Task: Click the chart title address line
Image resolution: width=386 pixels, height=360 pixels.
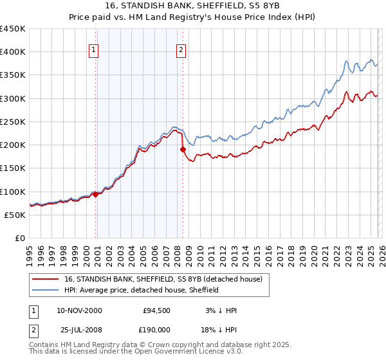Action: (193, 6)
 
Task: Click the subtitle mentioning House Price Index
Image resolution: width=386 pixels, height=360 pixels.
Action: (193, 17)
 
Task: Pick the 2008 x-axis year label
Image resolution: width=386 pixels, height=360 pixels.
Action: (177, 252)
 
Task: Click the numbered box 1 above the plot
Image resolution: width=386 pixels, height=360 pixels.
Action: (94, 50)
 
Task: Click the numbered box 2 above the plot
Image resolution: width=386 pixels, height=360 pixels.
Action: (181, 50)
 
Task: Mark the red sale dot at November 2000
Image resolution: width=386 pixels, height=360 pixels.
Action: (96, 194)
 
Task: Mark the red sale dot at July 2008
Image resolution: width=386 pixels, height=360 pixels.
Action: (183, 150)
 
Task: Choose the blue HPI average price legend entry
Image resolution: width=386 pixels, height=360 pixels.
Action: (142, 290)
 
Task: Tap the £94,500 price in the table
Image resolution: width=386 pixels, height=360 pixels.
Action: (156, 310)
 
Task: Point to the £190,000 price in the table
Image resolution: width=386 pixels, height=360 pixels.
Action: (156, 330)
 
